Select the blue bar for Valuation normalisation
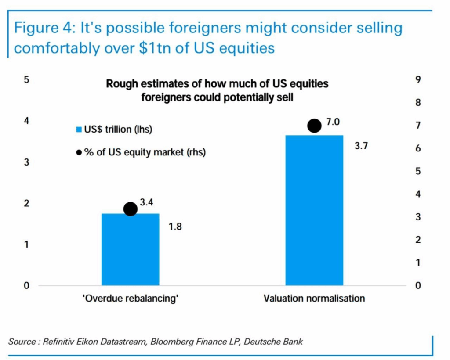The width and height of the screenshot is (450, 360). (x=314, y=210)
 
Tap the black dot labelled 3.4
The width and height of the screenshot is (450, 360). (x=131, y=209)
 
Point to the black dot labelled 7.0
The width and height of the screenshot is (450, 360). (x=314, y=126)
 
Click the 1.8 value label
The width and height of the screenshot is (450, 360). (x=175, y=227)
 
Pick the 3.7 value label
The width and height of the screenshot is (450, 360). (x=360, y=146)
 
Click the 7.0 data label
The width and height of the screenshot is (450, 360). (x=333, y=122)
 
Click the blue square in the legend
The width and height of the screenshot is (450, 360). (x=79, y=130)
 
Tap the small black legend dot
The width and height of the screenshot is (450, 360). (x=79, y=152)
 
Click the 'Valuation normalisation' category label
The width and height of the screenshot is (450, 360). (x=314, y=299)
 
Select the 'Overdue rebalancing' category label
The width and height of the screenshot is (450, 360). (x=131, y=299)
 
